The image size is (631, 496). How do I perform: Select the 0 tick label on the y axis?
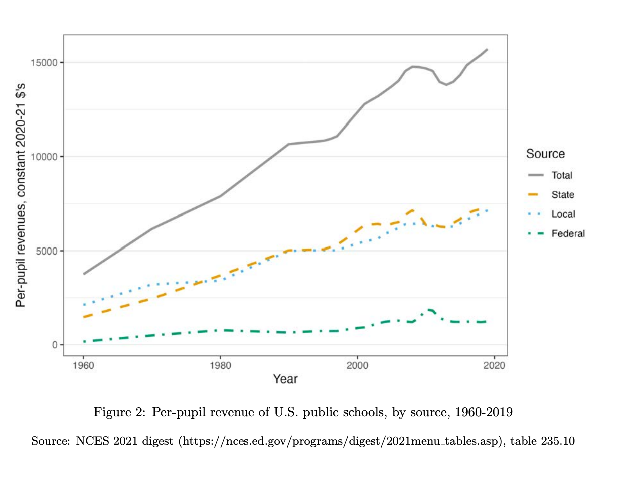55,345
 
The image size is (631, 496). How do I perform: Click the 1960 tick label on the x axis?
83,365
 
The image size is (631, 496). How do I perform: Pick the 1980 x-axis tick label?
220,365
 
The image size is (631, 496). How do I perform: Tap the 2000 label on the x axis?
357,365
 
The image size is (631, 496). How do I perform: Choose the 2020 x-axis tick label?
494,365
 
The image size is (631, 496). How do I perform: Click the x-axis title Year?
285,379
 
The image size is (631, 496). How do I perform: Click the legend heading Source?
545,154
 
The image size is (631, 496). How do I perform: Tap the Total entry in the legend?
562,175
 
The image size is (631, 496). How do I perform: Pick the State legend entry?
563,195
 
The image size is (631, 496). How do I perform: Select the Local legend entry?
563,214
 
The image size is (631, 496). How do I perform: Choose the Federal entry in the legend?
568,234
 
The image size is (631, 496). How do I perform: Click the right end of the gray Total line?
487,49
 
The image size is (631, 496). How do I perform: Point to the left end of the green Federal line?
84,342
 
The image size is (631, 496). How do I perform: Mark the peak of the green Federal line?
430,310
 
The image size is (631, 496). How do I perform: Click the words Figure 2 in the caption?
119,412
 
